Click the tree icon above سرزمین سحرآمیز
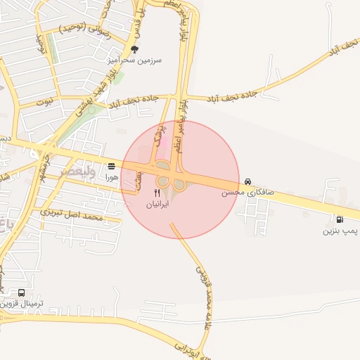pos(134,49)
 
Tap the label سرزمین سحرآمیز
pos(134,60)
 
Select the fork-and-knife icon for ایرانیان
pos(157,193)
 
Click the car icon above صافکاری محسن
pos(247,181)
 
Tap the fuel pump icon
pos(340,219)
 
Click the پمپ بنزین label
pos(340,231)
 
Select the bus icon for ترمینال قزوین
pos(22,292)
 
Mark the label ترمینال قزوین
pos(22,304)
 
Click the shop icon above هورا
pos(112,167)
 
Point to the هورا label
pos(112,178)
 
